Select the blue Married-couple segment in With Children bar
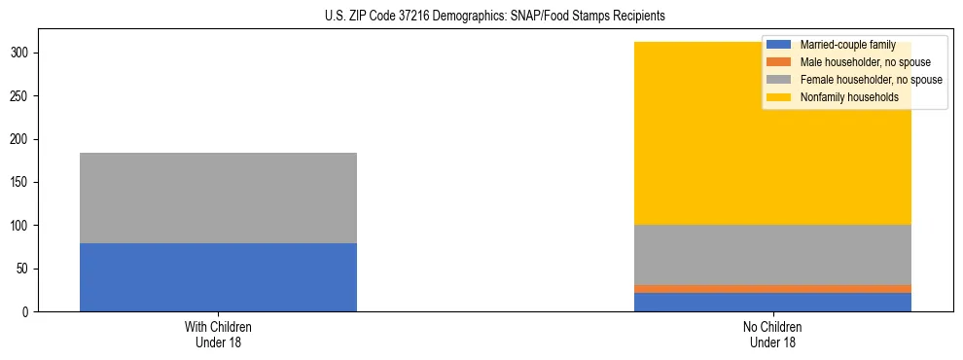[x=218, y=277]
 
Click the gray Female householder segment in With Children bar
[x=218, y=198]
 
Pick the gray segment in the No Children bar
[x=772, y=255]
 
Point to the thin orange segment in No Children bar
[x=772, y=289]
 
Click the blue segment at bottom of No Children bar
[x=772, y=302]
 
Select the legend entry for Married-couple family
[x=846, y=45]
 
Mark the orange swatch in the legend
[x=779, y=62]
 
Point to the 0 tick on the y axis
[x=28, y=311]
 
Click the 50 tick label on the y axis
[x=25, y=269]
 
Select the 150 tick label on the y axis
[x=22, y=182]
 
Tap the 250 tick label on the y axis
[x=22, y=96]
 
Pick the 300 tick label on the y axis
[x=22, y=54]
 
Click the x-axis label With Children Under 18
[x=218, y=335]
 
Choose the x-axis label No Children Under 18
[x=772, y=335]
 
